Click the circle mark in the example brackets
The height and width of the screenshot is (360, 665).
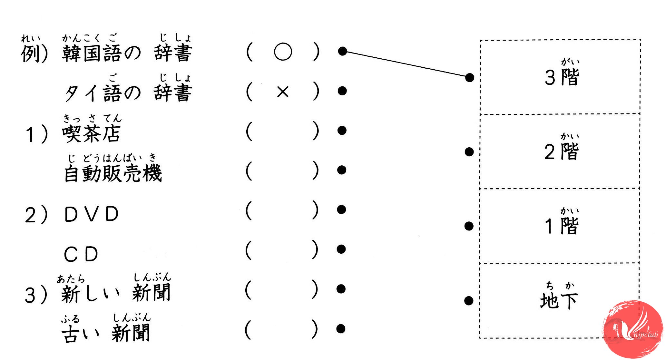283,52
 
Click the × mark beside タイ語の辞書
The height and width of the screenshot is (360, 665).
283,92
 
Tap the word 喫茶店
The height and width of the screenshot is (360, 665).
92,133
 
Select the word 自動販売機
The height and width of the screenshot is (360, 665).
113,173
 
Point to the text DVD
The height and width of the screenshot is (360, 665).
92,214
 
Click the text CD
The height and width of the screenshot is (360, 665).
81,254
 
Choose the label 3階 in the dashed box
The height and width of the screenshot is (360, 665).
562,77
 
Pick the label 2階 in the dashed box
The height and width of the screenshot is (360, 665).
562,151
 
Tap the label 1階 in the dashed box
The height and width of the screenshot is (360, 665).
562,226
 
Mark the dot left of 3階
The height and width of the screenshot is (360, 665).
470,77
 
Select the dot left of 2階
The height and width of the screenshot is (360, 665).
469,151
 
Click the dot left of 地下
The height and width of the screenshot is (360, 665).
469,301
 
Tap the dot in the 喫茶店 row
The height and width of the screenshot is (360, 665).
342,130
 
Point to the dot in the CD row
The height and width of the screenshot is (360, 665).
341,249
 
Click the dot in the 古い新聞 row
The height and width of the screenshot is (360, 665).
341,329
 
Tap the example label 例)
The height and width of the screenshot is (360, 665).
34,54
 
